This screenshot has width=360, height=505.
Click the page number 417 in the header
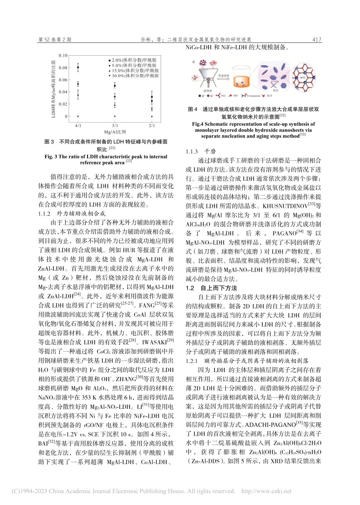(x=316, y=39)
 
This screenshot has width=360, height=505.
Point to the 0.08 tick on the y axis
(x=63, y=68)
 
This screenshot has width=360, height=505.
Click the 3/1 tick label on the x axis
(x=115, y=125)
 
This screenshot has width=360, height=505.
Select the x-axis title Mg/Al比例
(x=115, y=132)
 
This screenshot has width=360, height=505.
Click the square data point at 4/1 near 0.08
(x=78, y=68)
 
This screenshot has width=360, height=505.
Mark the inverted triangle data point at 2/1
(x=152, y=116)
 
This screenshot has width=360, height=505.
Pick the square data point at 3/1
(x=115, y=86)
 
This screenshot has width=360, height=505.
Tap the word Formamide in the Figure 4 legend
(x=253, y=96)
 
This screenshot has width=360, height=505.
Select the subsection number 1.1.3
(x=192, y=152)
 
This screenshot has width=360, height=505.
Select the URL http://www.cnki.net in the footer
(x=266, y=491)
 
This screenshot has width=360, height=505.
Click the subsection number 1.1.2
(x=44, y=214)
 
